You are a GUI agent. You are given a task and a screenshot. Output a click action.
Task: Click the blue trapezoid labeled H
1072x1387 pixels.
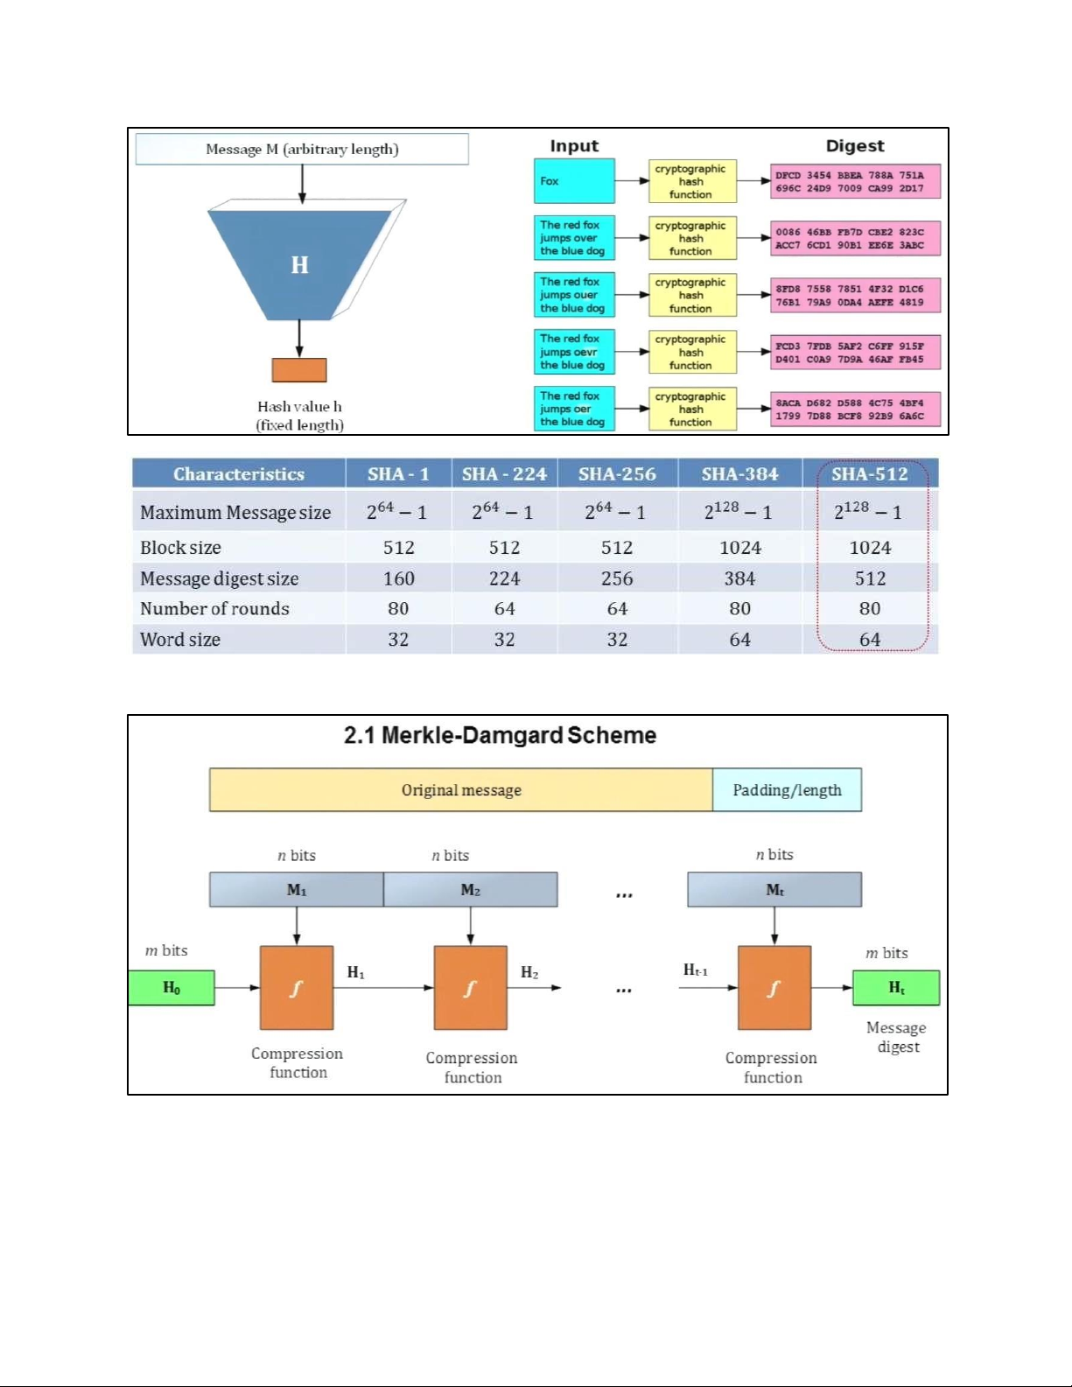[x=299, y=263]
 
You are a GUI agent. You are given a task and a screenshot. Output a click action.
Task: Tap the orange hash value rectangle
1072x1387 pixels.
[x=299, y=370]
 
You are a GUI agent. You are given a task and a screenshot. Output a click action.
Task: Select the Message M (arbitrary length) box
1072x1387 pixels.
[x=302, y=149]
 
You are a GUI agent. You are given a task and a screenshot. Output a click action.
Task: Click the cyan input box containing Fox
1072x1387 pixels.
[x=574, y=181]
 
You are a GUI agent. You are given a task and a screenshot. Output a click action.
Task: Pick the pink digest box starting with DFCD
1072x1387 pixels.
[x=855, y=182]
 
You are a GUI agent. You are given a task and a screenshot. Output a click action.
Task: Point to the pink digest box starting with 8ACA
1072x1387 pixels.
[x=855, y=410]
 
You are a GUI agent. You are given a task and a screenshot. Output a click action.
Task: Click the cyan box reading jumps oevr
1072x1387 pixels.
[x=574, y=352]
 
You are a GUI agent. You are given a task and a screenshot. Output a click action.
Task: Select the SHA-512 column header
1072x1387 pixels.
[x=869, y=474]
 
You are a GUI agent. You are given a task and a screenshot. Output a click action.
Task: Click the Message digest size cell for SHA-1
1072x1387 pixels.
[x=398, y=578]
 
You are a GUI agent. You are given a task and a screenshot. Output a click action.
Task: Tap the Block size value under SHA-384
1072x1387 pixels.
[x=739, y=548]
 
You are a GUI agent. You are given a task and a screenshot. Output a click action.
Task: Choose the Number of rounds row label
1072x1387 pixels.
[x=215, y=609]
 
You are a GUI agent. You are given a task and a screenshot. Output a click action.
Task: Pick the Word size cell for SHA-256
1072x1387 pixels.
[x=617, y=640]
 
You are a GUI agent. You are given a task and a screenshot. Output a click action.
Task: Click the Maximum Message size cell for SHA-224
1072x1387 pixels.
[x=503, y=512]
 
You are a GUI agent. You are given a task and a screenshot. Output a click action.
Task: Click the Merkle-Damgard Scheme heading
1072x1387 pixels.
[x=500, y=735]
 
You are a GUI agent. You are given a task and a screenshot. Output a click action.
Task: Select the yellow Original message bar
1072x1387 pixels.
[x=461, y=790]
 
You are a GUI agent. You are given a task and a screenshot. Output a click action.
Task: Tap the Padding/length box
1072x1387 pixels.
[x=787, y=790]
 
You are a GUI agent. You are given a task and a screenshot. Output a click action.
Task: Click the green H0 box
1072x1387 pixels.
[x=172, y=988]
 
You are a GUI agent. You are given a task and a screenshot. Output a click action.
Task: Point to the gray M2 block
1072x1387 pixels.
[x=470, y=890]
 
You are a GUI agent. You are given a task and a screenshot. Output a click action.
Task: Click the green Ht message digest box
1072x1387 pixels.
[x=896, y=988]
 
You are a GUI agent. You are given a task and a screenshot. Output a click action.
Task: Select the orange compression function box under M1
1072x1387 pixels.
[x=297, y=988]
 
